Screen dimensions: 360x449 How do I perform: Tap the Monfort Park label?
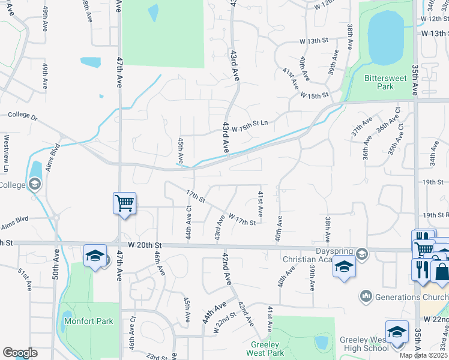88,321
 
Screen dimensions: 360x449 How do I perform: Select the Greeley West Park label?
264,349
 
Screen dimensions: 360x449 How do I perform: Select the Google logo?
20,352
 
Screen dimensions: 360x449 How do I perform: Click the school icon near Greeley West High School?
397,331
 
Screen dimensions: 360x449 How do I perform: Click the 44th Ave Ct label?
188,222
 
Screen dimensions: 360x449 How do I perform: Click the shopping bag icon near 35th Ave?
441,271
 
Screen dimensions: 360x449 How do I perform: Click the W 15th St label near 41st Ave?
315,95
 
